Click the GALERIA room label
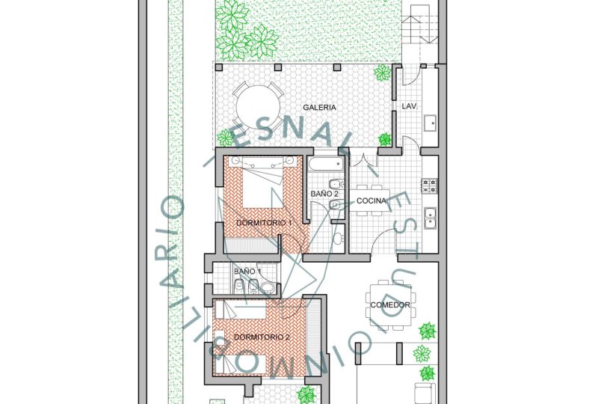pos(320,107)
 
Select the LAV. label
pos(410,106)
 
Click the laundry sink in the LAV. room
pos(431,123)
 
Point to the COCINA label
pos(371,201)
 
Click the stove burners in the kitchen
pos(429,186)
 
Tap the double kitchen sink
pos(431,218)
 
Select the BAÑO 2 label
pos(324,194)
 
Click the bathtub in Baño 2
pos(326,164)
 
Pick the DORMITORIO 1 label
pos(264,223)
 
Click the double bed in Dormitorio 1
pos(264,182)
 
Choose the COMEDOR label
pos(390,305)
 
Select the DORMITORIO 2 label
pos(262,337)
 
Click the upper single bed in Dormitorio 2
pos(241,309)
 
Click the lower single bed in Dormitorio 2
pos(241,364)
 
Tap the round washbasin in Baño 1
pos(267,287)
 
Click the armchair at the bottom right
pos(425,393)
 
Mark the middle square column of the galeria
pos(278,67)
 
